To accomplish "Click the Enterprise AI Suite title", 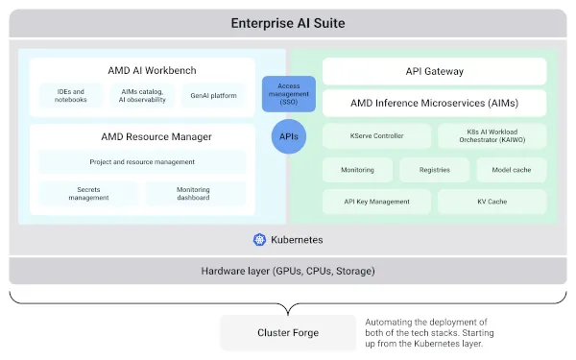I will [288, 23].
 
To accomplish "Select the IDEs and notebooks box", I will [71, 95].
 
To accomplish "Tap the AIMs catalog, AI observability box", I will [142, 95].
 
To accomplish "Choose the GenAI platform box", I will [213, 95].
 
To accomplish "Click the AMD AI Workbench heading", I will [142, 70].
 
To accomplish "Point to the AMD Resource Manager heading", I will [142, 136].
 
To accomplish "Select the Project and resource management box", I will [142, 161].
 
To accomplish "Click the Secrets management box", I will [87, 193].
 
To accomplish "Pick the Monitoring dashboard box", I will [195, 193].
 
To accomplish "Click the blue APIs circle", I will [289, 136].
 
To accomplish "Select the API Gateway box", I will [434, 70].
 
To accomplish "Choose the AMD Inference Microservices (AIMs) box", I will [434, 103].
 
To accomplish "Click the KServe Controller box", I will [377, 136].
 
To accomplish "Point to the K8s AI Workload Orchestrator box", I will [492, 136].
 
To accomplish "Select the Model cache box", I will [511, 169].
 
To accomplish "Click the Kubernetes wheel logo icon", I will [258, 239].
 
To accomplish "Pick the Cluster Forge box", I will [287, 332].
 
